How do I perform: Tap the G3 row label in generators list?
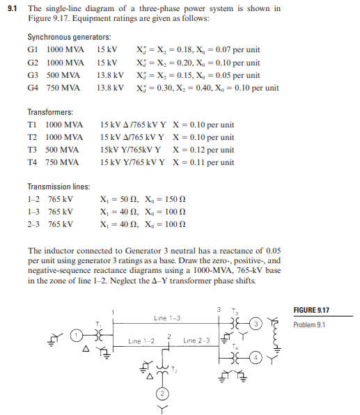pos(32,75)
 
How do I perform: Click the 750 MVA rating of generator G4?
pos(63,88)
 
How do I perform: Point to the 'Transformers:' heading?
pos(50,112)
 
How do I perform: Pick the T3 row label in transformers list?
pos(32,150)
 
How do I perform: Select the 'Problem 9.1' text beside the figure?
pos(311,325)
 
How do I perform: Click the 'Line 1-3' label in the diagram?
pos(168,318)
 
